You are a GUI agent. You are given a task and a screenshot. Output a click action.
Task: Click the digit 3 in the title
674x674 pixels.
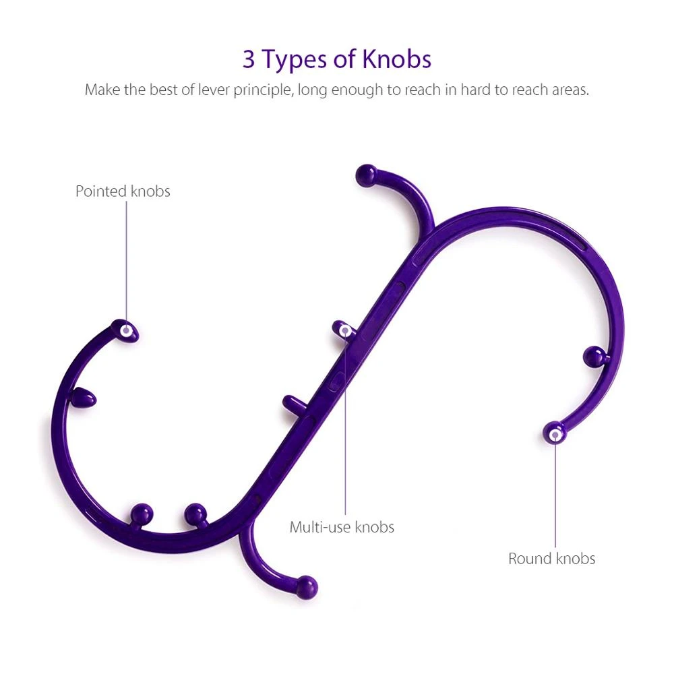tap(249, 60)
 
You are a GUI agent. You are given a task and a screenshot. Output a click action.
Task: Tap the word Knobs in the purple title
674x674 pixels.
tap(396, 60)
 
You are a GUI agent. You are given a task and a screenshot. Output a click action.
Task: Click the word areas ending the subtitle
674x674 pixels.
tap(568, 90)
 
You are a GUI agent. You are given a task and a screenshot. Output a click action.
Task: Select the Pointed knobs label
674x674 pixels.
tap(123, 191)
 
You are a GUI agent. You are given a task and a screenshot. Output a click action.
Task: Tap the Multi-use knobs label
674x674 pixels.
tap(342, 527)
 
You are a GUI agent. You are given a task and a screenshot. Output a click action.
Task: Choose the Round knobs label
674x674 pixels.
tap(552, 559)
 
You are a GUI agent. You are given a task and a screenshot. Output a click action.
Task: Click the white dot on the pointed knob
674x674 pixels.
tap(126, 331)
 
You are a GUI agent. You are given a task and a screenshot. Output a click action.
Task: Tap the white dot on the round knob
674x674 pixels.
tap(555, 435)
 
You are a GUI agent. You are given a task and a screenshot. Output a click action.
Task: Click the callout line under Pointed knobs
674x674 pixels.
tap(126, 263)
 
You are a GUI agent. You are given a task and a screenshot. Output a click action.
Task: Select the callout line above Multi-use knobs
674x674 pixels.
tap(346, 425)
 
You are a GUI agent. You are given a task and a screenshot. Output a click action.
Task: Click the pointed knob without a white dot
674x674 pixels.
tap(84, 398)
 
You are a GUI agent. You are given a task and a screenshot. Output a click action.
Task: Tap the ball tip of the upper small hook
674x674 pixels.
tap(366, 175)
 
